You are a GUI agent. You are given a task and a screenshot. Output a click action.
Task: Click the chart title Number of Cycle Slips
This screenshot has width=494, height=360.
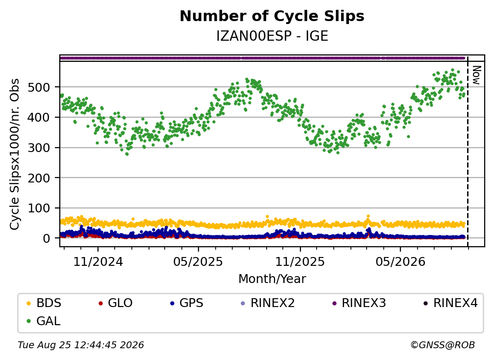[x=272, y=16]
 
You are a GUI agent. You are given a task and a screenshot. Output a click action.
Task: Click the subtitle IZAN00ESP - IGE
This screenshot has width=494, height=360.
[x=272, y=36]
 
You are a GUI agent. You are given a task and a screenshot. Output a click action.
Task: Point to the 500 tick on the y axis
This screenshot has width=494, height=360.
[x=39, y=87]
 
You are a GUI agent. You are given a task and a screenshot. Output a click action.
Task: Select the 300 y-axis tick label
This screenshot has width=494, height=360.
[x=39, y=148]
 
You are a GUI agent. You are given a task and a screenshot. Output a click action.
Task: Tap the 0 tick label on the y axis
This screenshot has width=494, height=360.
[x=47, y=238]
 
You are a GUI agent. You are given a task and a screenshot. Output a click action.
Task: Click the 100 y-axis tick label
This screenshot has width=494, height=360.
[x=39, y=208]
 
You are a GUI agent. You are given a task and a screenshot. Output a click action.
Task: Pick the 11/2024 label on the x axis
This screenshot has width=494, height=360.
[x=98, y=261]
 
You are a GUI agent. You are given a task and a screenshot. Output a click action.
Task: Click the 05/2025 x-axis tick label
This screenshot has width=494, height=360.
[x=198, y=261]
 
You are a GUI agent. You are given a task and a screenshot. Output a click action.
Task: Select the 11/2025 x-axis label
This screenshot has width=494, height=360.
[x=300, y=261]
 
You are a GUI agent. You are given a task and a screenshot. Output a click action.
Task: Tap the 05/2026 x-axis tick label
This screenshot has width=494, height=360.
[x=400, y=261]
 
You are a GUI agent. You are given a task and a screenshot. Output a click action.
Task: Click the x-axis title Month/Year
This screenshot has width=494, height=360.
[x=272, y=279]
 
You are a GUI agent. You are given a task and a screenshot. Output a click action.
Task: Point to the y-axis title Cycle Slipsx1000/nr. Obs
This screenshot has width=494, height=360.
[x=15, y=154]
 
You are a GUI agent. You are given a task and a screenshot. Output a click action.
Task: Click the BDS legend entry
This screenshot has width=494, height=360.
[x=44, y=303]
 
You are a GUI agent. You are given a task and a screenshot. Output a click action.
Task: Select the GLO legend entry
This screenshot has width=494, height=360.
[x=116, y=303]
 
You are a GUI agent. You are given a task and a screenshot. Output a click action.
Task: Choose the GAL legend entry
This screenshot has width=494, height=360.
[x=44, y=321]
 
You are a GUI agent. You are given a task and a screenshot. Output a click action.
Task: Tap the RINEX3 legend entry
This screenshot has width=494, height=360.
[x=359, y=303]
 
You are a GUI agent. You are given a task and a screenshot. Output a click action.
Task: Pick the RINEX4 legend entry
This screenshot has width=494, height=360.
[x=450, y=303]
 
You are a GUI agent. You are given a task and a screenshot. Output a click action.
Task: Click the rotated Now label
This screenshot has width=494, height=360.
[x=477, y=75]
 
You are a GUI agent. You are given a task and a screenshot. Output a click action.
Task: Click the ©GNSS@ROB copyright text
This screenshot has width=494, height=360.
[x=443, y=345]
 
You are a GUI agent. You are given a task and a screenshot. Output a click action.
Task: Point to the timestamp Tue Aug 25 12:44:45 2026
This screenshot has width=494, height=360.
[x=81, y=345]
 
